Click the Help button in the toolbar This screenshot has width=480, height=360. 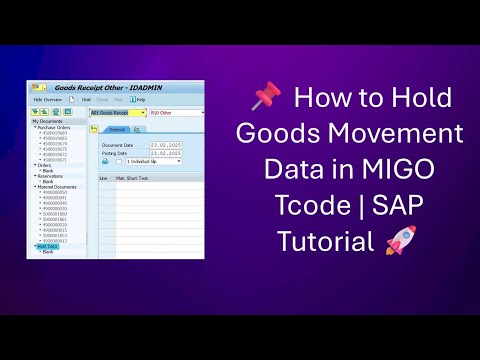[140, 100]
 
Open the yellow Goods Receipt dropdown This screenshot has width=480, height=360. [116, 113]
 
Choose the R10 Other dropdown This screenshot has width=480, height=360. [175, 113]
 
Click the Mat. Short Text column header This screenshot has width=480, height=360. [131, 178]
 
